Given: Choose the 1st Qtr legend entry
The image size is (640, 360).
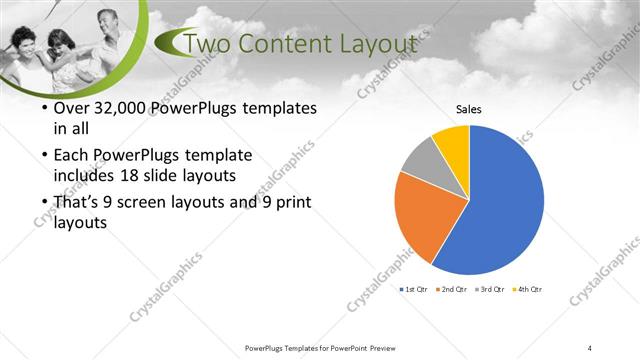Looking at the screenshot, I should pos(415,289).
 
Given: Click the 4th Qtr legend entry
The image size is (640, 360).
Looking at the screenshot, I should pos(527,289).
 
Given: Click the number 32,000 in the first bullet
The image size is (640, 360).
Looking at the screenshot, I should pos(116,108).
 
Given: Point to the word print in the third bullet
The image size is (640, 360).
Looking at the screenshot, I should pos(274,202).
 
